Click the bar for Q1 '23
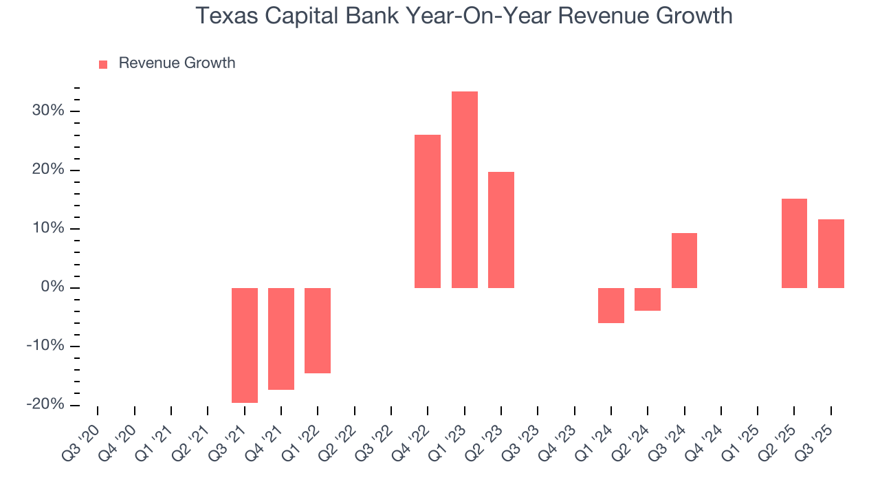coord(465,190)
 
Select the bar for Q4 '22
coord(428,211)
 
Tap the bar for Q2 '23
coord(501,230)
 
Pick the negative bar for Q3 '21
coord(245,345)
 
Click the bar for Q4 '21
coord(281,339)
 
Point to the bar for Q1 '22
coord(318,331)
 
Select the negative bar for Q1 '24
coord(611,305)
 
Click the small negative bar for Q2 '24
coord(648,299)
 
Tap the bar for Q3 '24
coord(684,261)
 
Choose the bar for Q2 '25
coord(794,243)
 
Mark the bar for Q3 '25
coord(830,254)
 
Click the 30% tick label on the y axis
coord(47,111)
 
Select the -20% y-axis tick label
coord(45,404)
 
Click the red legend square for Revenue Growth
coord(103,64)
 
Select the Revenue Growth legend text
coord(177,63)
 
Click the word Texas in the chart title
coord(223,15)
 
